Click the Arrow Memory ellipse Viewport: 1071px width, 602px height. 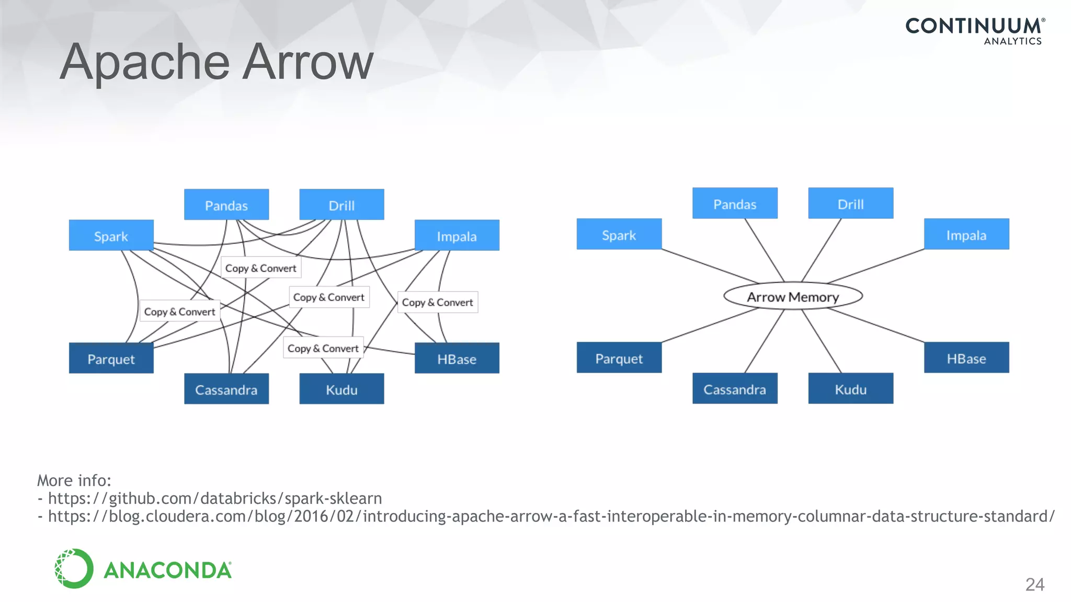pos(793,296)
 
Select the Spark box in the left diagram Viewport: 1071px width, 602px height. pos(111,235)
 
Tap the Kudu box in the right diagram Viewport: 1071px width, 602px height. pos(850,388)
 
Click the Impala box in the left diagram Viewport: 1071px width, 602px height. pos(457,235)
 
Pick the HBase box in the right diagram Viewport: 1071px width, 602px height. pos(966,357)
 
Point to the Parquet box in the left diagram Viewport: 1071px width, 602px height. pos(111,358)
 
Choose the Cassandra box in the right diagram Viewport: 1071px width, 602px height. pos(734,388)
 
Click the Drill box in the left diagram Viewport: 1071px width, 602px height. pos(341,204)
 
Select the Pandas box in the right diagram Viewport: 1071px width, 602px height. pos(734,203)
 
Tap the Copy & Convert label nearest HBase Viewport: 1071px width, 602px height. pos(437,302)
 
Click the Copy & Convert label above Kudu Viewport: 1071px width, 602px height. pos(323,348)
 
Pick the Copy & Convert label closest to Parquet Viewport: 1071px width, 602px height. pos(179,311)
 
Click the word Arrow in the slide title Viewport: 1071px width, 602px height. pos(308,62)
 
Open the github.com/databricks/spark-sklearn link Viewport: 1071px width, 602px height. pos(214,498)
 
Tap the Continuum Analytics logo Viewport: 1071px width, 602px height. pos(975,31)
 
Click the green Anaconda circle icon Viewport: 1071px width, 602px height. pos(74,569)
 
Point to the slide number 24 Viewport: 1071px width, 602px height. pos(1034,584)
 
